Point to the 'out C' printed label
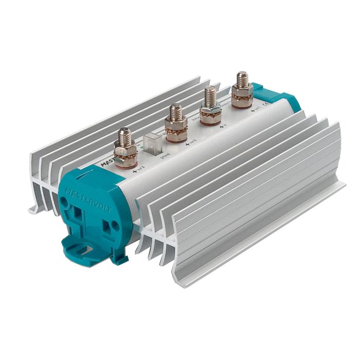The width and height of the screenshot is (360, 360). (x=255, y=109)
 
